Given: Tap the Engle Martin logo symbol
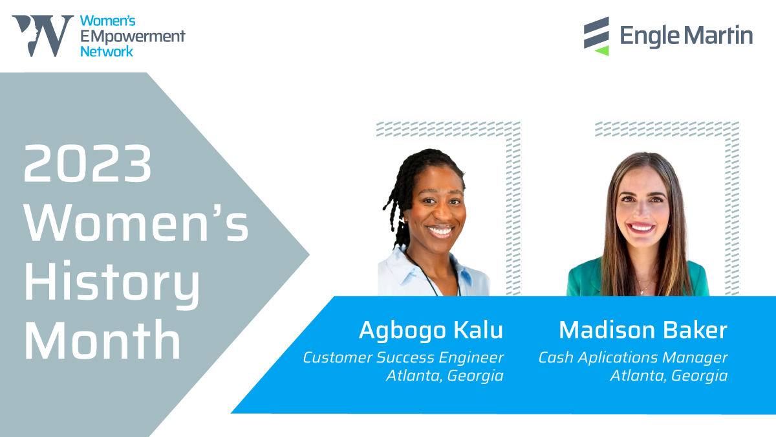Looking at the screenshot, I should point(596,35).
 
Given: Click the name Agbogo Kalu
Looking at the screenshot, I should point(431,330).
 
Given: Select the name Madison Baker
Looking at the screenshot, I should point(643,330).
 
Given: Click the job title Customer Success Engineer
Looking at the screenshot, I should point(403,357).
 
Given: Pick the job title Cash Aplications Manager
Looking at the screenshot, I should point(633,357).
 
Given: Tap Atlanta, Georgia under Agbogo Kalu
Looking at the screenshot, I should point(444,375).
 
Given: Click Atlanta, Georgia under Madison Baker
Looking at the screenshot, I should point(669,375).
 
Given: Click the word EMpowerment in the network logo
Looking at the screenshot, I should point(133,36).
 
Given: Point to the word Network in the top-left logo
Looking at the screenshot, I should point(107,50).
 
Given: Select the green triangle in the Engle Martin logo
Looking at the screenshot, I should point(601,50).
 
